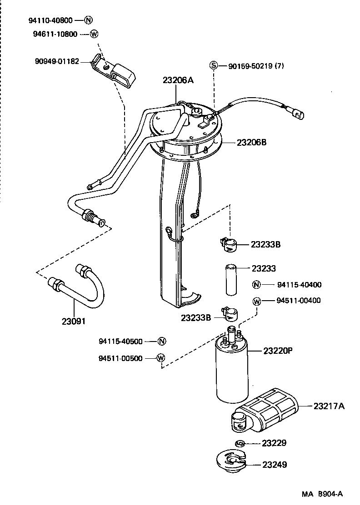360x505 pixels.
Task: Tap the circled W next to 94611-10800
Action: point(93,34)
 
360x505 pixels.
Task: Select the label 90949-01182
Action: point(57,61)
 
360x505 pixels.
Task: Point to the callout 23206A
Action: point(178,80)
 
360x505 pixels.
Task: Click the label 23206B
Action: point(251,142)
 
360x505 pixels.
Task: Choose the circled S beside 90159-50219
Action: point(214,66)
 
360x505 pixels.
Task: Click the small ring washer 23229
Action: point(240,443)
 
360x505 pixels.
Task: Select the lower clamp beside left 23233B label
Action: point(230,314)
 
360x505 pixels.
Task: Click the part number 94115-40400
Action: point(299,285)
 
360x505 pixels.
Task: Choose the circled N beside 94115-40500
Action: point(161,342)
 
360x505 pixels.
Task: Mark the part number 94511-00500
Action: point(120,358)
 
